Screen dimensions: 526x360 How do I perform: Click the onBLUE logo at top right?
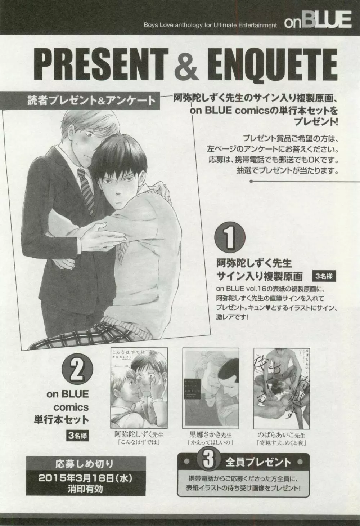click(318, 20)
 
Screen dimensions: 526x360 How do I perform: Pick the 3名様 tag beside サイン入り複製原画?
click(325, 276)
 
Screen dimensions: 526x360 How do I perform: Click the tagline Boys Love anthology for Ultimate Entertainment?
click(210, 25)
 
